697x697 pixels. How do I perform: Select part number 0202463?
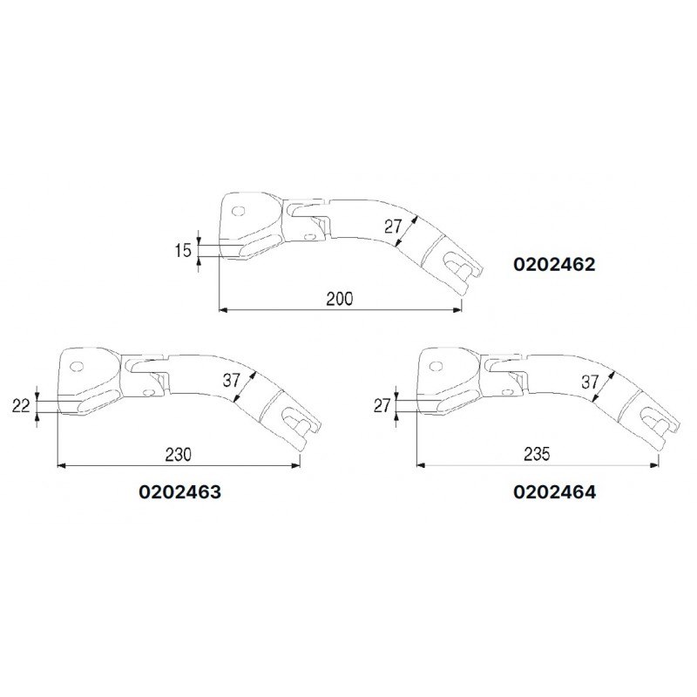179,491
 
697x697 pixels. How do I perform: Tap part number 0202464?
555,491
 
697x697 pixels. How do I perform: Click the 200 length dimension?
339,299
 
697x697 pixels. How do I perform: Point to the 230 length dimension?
179,455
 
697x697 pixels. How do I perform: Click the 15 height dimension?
182,252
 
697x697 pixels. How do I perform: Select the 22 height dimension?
22,404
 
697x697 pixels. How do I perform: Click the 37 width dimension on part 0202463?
231,381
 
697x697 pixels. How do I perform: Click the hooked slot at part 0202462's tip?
455,262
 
